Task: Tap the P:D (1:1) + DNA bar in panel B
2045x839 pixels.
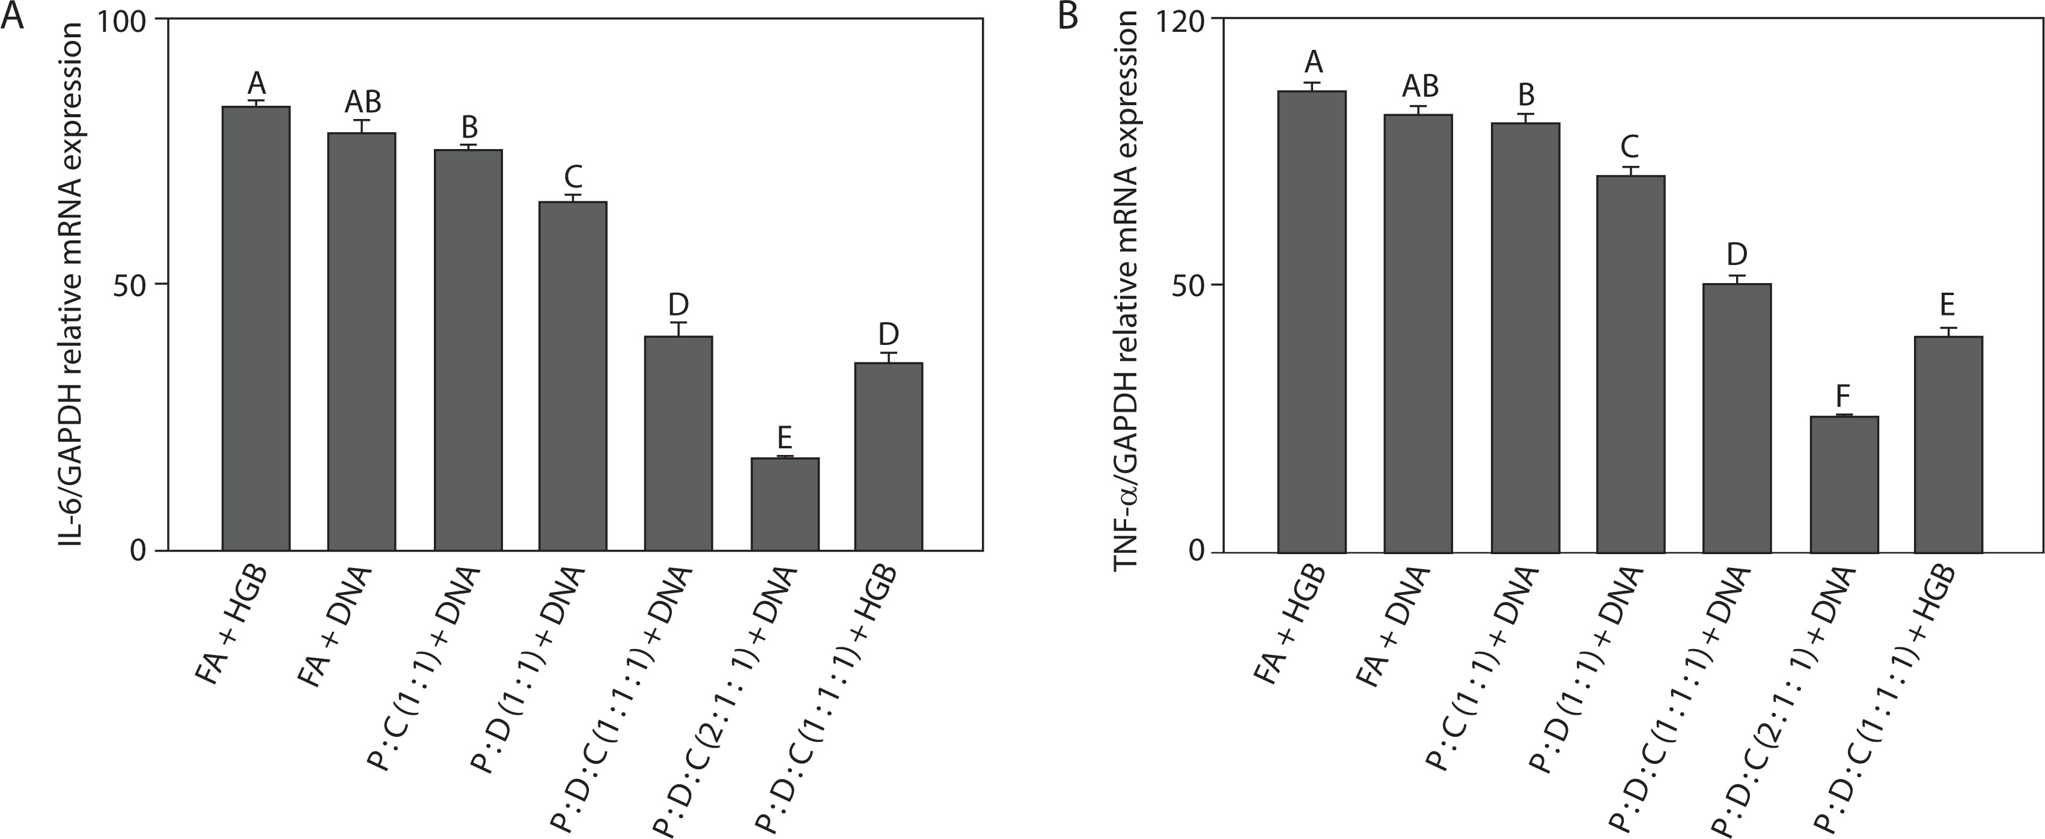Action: [1630, 364]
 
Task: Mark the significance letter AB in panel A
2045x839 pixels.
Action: [363, 102]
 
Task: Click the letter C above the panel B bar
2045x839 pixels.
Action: [1630, 147]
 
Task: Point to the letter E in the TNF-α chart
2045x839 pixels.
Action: [1948, 305]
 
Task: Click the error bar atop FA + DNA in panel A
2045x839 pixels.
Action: [363, 126]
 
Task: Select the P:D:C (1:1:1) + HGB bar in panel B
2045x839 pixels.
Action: [1948, 445]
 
